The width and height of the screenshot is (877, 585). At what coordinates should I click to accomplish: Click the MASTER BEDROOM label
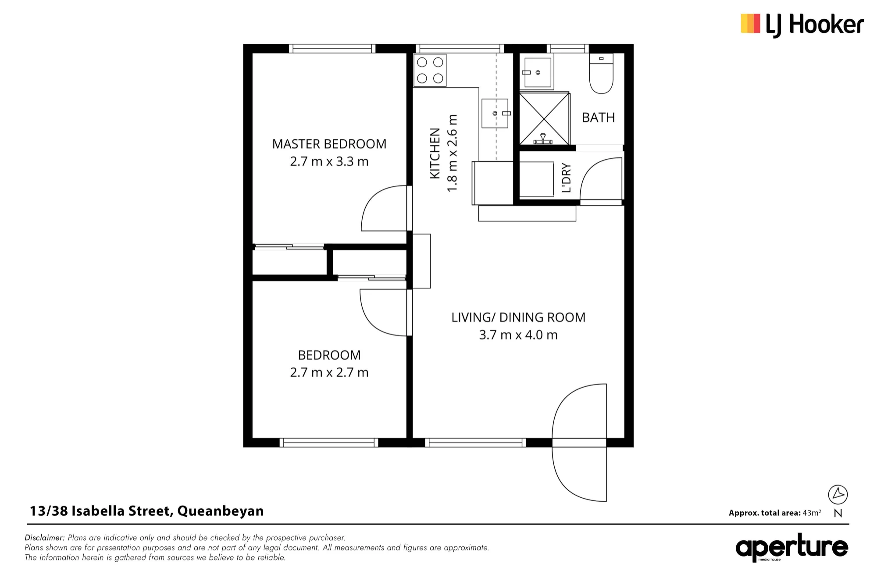tap(329, 144)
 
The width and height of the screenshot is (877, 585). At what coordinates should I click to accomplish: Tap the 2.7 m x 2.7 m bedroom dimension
tap(329, 372)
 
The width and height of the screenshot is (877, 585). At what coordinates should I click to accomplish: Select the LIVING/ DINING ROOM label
tap(518, 317)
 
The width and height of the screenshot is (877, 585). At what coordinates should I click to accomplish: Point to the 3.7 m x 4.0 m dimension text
tap(518, 335)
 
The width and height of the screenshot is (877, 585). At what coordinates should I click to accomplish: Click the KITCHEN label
tap(435, 153)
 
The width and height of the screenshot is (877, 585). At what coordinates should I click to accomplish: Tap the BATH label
tap(598, 118)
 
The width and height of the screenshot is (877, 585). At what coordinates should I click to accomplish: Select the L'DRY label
tap(567, 178)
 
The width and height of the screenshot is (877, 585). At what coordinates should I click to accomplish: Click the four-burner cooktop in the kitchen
tap(430, 70)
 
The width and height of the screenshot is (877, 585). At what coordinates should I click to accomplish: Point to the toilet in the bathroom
tap(601, 74)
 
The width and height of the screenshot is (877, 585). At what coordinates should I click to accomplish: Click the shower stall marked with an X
tap(544, 118)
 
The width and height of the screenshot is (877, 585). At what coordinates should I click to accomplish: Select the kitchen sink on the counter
tap(495, 114)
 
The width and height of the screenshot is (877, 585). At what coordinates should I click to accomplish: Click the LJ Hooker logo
tap(802, 25)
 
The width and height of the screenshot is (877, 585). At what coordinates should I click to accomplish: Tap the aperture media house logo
tap(792, 547)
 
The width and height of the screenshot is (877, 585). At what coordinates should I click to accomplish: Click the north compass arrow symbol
tap(838, 495)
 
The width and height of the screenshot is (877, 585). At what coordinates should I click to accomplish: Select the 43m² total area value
tap(812, 513)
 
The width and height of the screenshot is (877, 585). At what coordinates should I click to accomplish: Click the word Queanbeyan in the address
tap(221, 511)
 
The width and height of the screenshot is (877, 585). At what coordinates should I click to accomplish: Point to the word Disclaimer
tap(45, 538)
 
